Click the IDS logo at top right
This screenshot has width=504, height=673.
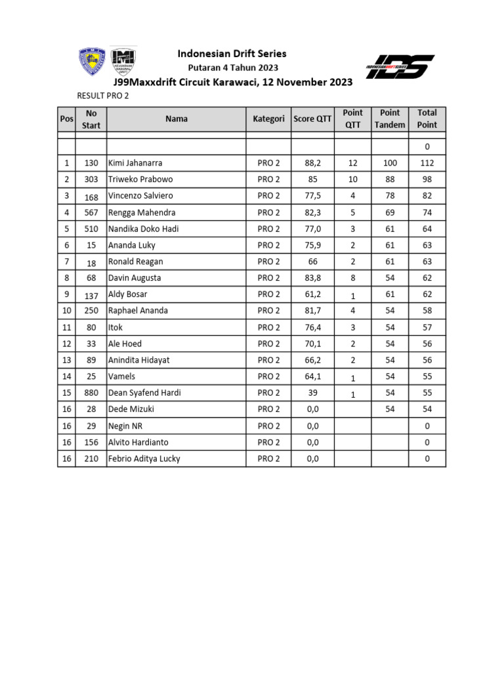tap(400, 67)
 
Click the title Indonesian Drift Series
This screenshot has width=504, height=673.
tap(233, 54)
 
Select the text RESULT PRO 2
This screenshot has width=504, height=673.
tap(103, 96)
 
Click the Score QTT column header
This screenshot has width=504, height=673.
tap(312, 119)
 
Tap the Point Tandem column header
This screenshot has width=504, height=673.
tap(390, 119)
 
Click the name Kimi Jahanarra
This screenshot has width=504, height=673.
tap(135, 163)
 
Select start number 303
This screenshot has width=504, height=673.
tap(91, 179)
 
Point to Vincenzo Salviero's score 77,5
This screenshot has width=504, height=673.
tap(312, 196)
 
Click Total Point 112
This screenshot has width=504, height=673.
tap(427, 163)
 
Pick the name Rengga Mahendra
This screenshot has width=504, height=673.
tap(142, 212)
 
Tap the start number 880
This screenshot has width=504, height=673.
tap(91, 393)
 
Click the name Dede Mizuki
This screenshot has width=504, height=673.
tap(131, 409)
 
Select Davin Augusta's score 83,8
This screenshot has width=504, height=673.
tap(312, 278)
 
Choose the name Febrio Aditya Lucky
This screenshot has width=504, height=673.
tap(144, 459)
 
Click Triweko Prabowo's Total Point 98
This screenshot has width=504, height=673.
tap(427, 179)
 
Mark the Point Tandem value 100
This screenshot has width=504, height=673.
tap(390, 163)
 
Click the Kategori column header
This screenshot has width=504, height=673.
tap(268, 119)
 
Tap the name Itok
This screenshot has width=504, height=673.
tap(115, 327)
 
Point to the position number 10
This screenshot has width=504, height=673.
tap(66, 311)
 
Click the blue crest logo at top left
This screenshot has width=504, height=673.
tap(91, 62)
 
